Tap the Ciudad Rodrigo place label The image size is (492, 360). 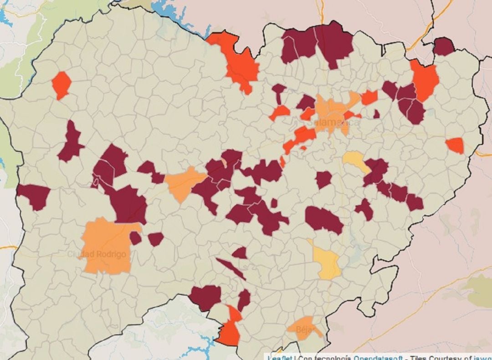[x=97, y=254]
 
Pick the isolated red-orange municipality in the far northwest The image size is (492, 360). [x=61, y=85]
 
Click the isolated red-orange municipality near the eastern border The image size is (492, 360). [x=455, y=145]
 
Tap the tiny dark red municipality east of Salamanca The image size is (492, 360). [x=376, y=114]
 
